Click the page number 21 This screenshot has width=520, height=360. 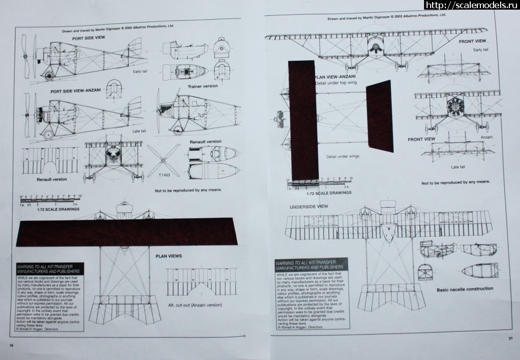click(x=510, y=339)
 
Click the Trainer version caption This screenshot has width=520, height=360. click(x=202, y=86)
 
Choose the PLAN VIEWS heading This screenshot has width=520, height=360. click(x=169, y=256)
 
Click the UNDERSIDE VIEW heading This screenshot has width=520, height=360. click(x=309, y=207)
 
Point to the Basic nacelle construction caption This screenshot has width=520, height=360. click(x=465, y=289)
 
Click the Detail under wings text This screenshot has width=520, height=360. click(x=343, y=156)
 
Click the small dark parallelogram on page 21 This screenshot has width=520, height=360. click(x=379, y=116)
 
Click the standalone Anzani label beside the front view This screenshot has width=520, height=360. click(x=486, y=137)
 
